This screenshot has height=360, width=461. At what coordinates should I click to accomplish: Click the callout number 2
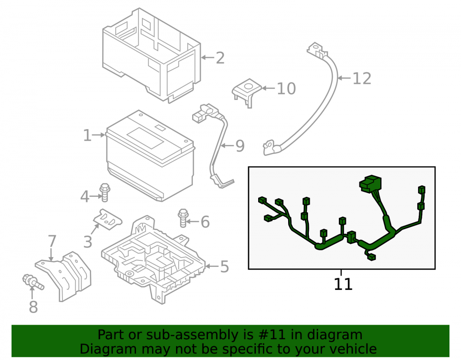pyautogui.click(x=220, y=58)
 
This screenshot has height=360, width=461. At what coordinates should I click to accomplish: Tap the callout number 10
pyautogui.click(x=286, y=89)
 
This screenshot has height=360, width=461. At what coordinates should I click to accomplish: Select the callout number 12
pyautogui.click(x=361, y=78)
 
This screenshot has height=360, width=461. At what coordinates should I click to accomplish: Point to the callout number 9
pyautogui.click(x=240, y=146)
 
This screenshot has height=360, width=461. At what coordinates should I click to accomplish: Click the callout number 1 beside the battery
pyautogui.click(x=87, y=135)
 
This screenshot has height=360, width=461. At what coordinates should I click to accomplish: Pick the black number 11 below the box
pyautogui.click(x=343, y=284)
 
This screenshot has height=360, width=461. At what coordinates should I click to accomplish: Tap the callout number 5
pyautogui.click(x=225, y=266)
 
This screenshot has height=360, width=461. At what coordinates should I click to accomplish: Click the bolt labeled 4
pyautogui.click(x=105, y=193)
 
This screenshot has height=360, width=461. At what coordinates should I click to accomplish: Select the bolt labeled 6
pyautogui.click(x=183, y=218)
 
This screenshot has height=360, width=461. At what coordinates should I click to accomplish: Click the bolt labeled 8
pyautogui.click(x=33, y=283)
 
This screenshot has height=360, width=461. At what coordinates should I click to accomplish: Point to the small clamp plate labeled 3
pyautogui.click(x=107, y=219)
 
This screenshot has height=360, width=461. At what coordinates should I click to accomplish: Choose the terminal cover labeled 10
pyautogui.click(x=247, y=92)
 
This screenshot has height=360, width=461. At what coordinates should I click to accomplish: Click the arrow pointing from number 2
pyautogui.click(x=207, y=58)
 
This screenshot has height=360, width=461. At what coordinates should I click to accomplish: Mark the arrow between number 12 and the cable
pyautogui.click(x=344, y=78)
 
